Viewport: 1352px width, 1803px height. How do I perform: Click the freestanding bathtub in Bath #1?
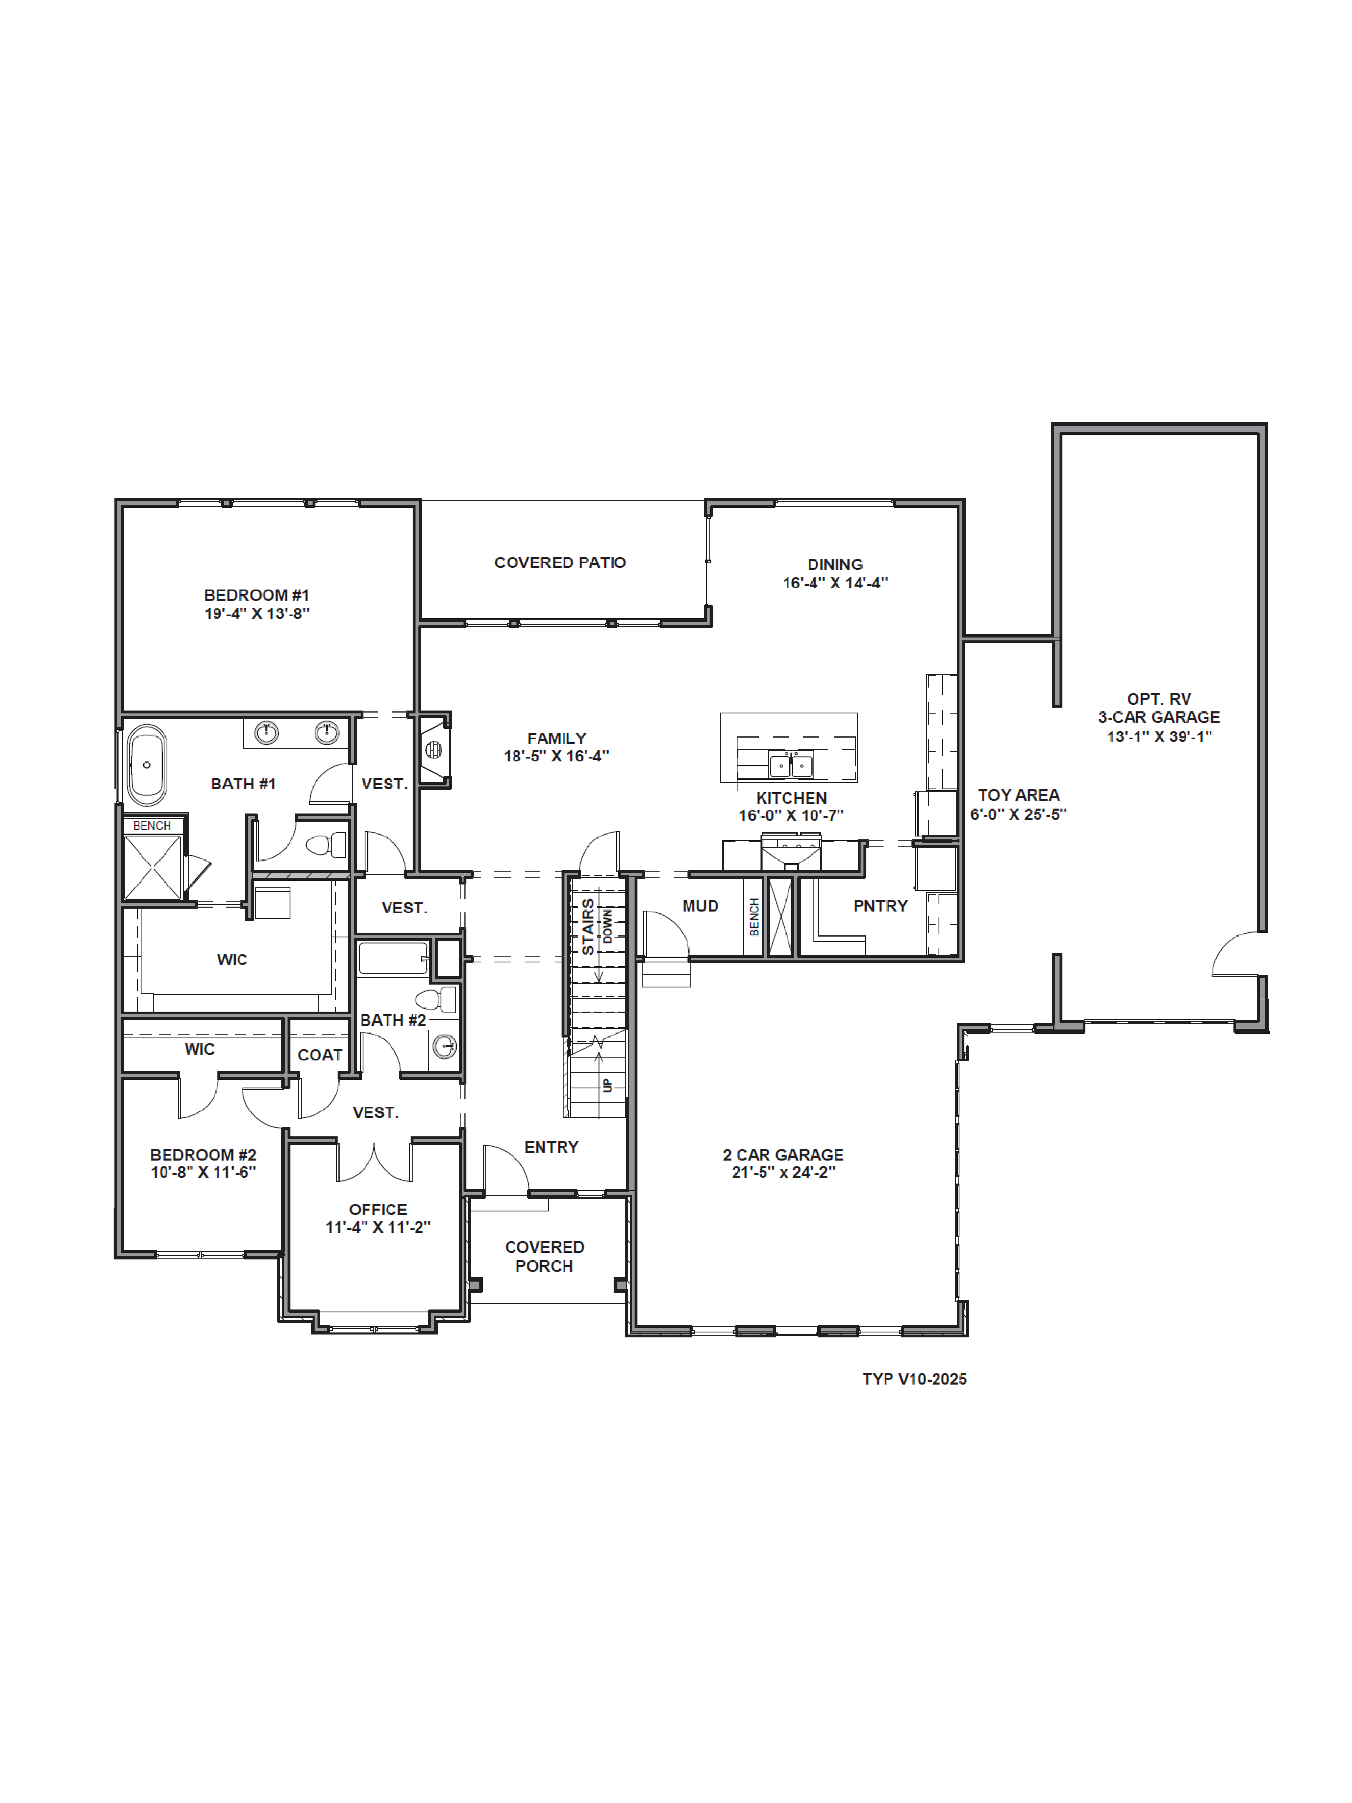coord(147,765)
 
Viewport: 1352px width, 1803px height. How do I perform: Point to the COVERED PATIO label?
coord(560,562)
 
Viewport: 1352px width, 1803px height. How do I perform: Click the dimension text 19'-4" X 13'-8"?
coord(257,614)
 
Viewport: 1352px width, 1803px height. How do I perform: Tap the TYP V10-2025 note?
coord(914,1379)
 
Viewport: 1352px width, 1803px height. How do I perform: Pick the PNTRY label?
coord(879,906)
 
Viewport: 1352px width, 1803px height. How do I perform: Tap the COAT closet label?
coord(320,1055)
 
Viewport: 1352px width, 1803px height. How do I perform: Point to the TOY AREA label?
coord(1018,795)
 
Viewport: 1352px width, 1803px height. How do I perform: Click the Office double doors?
coord(374,1161)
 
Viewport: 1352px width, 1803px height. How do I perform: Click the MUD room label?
coord(700,906)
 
